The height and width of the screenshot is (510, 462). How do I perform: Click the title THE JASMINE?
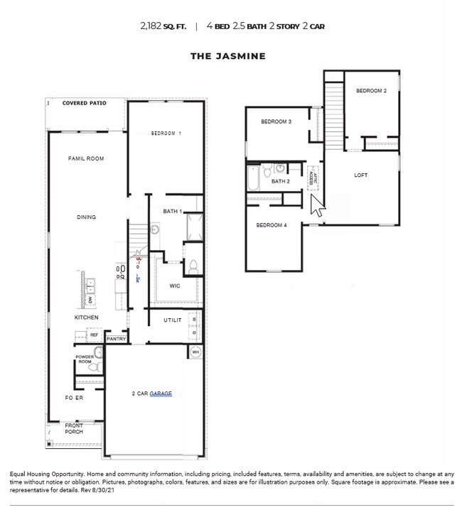pos(227,56)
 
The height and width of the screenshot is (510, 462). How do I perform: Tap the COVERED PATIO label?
pos(84,104)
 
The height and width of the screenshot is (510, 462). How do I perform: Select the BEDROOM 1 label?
pos(166,134)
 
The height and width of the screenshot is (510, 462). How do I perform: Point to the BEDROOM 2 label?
pos(371,91)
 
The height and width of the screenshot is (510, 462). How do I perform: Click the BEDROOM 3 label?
pos(276,121)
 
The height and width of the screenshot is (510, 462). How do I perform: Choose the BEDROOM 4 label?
pos(272,225)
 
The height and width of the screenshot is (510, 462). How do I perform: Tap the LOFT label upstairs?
pos(361,175)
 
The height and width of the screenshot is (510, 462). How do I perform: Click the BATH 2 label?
pos(281,182)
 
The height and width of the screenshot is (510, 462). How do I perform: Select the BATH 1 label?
pos(172,212)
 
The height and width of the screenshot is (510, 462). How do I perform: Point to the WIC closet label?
pos(175,286)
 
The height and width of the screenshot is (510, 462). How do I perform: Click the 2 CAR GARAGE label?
pos(151,394)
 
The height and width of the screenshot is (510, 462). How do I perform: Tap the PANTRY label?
pos(116,339)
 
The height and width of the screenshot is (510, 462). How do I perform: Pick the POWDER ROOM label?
pos(85,359)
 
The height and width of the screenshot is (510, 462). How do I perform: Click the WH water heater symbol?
pos(195,352)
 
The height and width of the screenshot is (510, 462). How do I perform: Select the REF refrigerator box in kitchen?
pos(93,334)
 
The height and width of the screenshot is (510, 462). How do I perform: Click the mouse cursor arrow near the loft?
pos(317,207)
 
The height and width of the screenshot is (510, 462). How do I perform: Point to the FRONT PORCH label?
pos(74,429)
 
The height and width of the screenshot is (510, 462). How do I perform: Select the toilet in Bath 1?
pos(192,266)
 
